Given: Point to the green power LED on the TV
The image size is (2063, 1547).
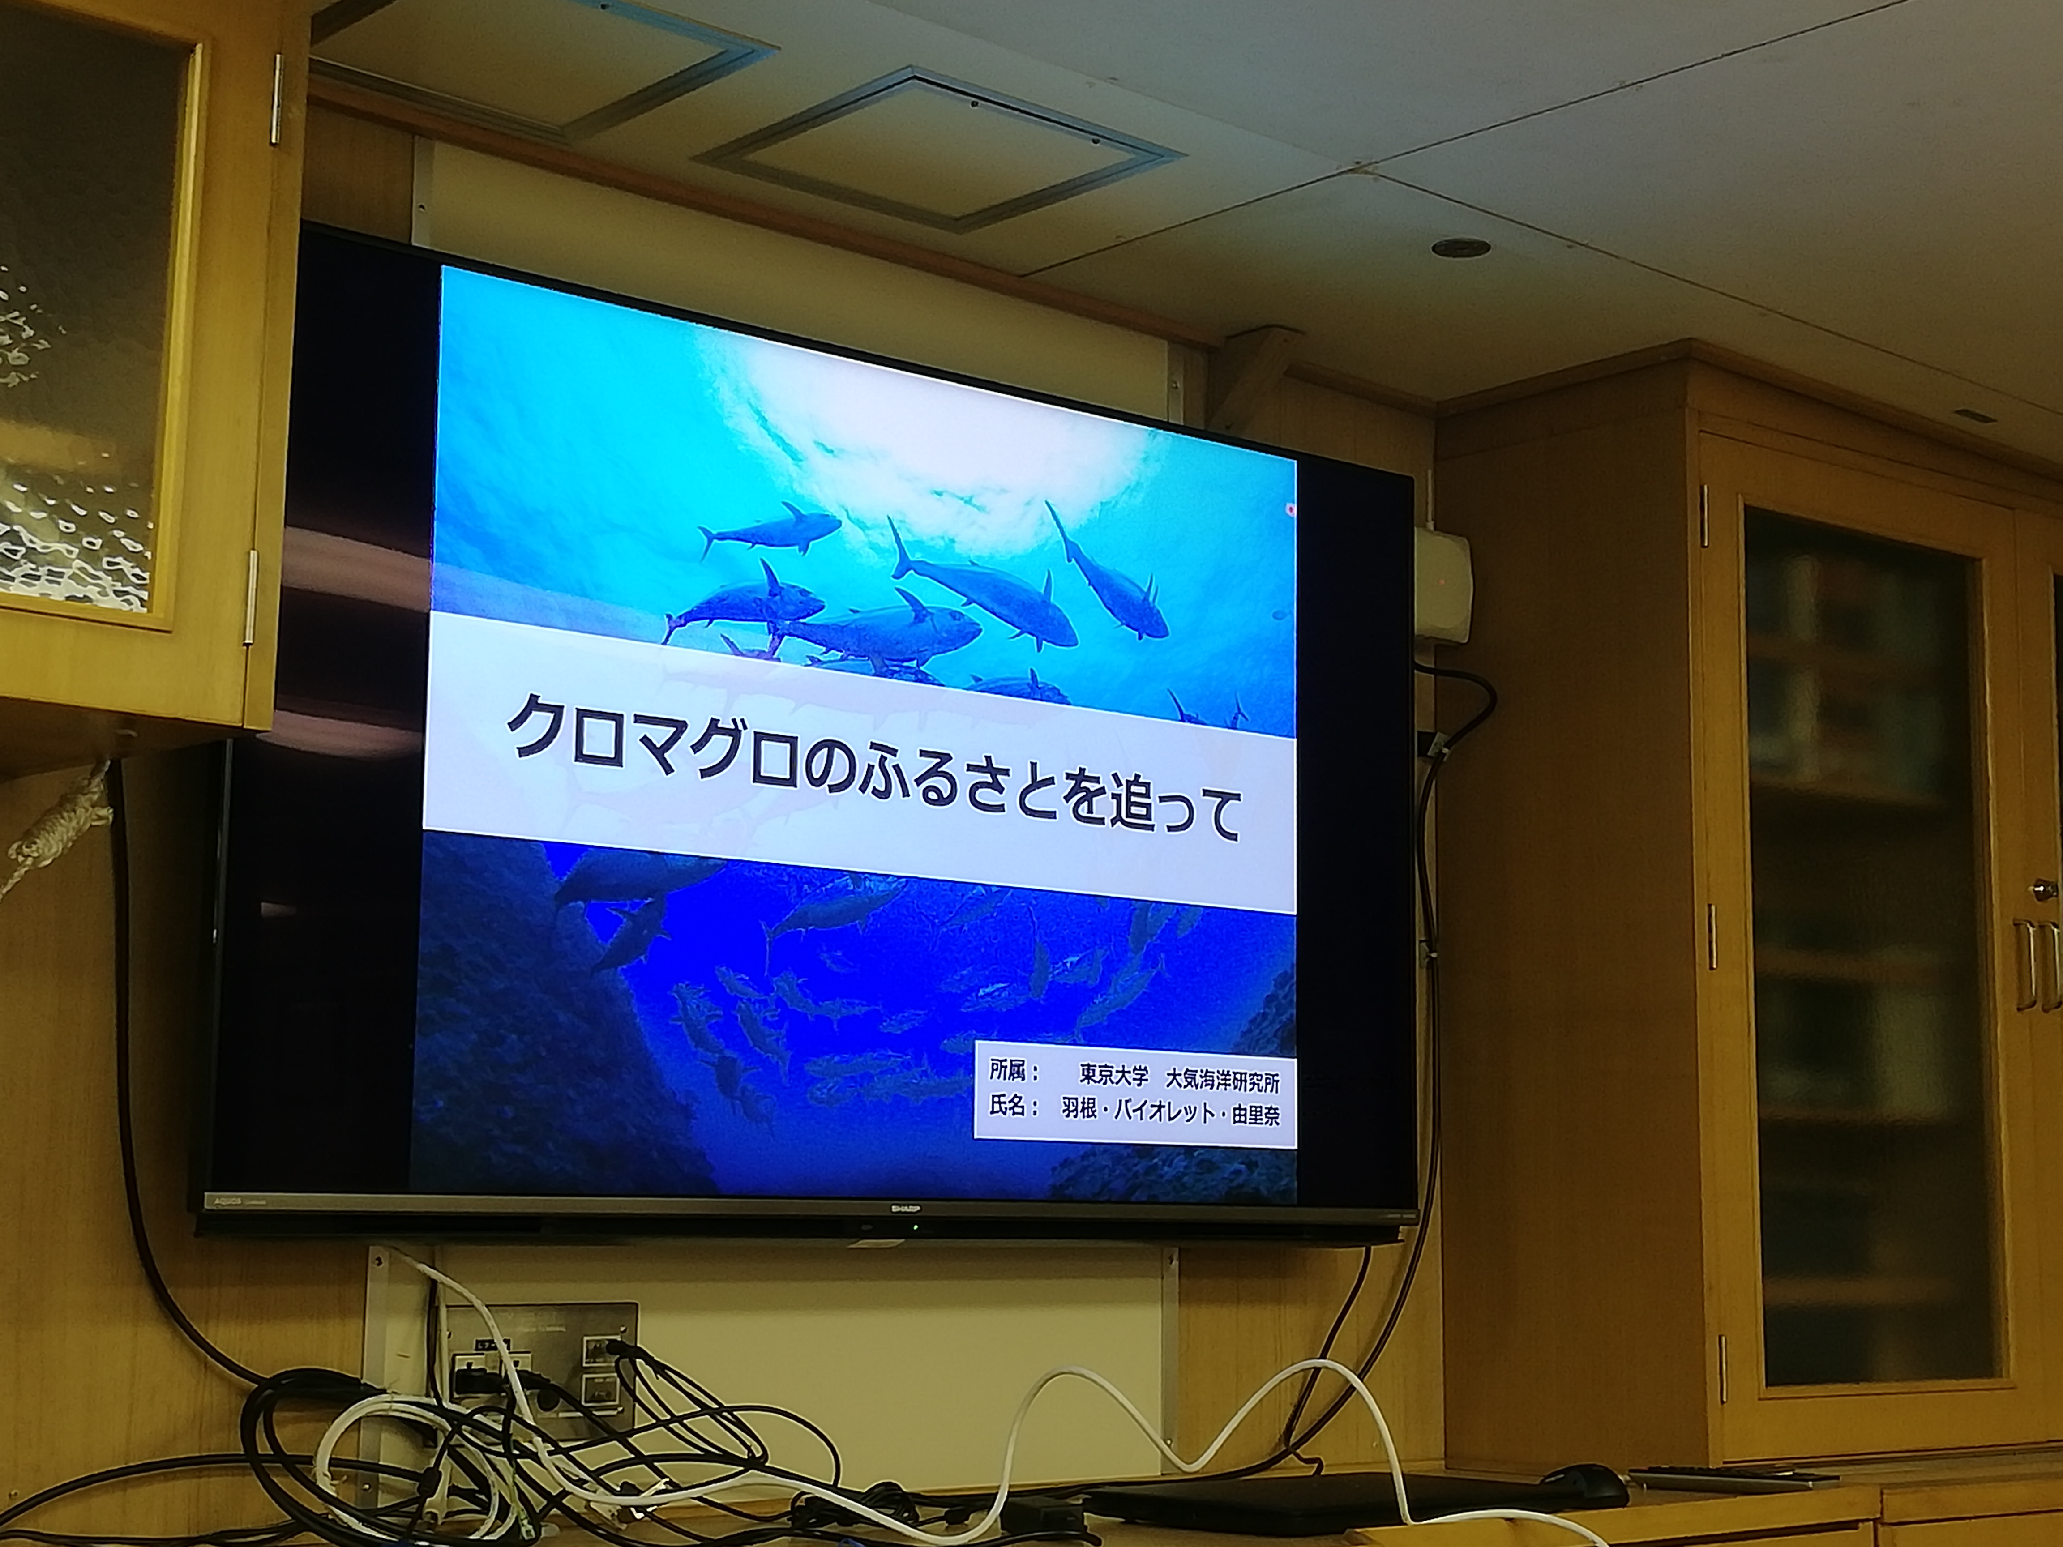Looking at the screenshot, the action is (x=915, y=1227).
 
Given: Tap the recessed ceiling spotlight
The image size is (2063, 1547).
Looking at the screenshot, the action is (x=1460, y=247).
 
